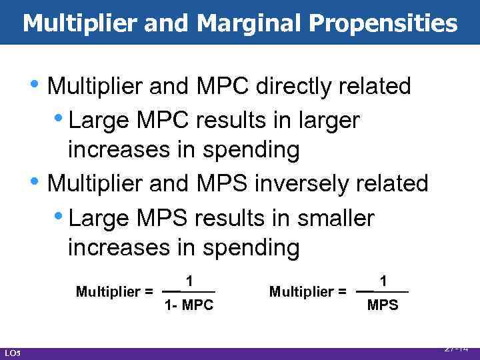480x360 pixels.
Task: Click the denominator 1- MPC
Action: click(x=189, y=306)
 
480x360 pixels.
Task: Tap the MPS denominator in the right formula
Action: click(x=383, y=306)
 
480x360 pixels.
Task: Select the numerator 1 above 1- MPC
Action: click(x=190, y=282)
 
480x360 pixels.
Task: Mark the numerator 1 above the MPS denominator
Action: click(x=383, y=282)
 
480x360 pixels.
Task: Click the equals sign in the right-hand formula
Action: click(x=342, y=291)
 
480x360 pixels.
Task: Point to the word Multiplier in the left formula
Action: click(x=109, y=291)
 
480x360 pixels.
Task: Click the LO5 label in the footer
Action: click(x=12, y=353)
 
